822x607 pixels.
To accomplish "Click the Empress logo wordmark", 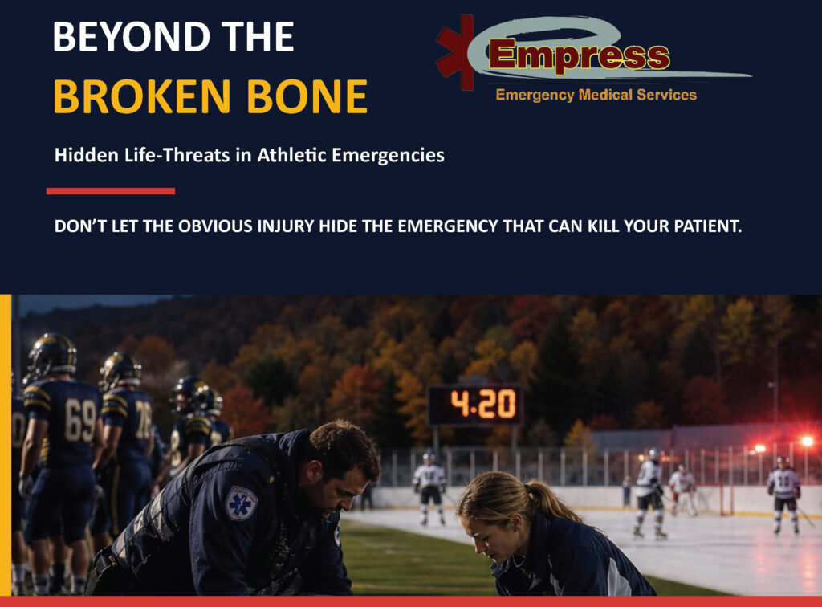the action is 580,55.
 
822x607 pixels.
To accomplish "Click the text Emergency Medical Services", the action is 596,95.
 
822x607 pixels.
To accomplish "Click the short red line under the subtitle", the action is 111,191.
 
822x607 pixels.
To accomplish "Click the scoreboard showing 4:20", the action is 475,405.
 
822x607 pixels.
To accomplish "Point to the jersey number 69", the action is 81,421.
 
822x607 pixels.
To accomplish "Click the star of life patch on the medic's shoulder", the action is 241,503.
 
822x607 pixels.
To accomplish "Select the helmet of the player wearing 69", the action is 52,354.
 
